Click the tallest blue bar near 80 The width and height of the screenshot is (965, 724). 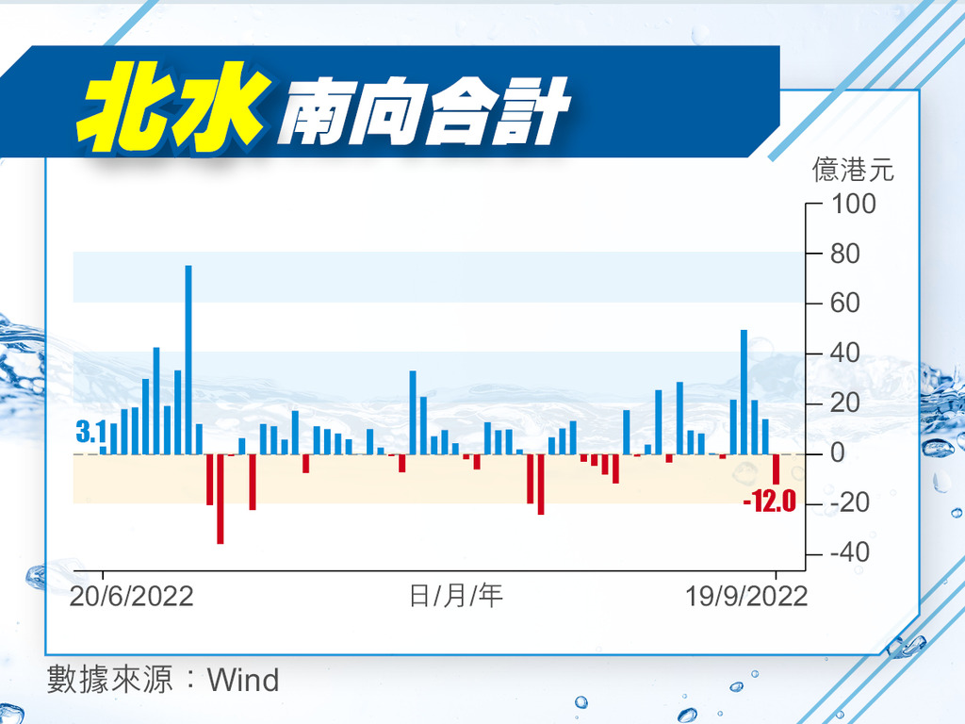[x=188, y=360]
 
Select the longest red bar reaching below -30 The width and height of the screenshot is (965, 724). [x=221, y=499]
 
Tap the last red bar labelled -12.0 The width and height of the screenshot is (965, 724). [x=777, y=469]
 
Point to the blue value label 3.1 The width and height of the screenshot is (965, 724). [x=90, y=432]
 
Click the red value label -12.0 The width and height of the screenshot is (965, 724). [x=769, y=502]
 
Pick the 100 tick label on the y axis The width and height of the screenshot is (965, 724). [x=854, y=204]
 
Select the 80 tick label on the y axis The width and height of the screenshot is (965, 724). [x=845, y=254]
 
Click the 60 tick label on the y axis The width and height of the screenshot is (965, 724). [x=845, y=303]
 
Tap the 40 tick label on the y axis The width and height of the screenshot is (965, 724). [x=845, y=354]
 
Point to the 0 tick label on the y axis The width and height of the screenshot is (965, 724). [x=838, y=453]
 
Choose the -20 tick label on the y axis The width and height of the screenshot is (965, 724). [x=850, y=503]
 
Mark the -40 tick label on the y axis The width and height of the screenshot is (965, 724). [x=850, y=552]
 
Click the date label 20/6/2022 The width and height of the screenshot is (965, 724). [x=132, y=597]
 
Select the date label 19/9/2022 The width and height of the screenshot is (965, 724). [x=746, y=597]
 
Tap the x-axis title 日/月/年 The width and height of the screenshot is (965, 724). [x=456, y=596]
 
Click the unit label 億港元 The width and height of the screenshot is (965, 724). [x=853, y=170]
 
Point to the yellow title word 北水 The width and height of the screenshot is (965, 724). [x=173, y=107]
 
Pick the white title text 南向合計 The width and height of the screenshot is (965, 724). [x=425, y=111]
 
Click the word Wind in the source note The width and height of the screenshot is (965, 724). [x=244, y=681]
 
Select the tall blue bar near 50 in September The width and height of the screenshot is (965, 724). [x=744, y=393]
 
